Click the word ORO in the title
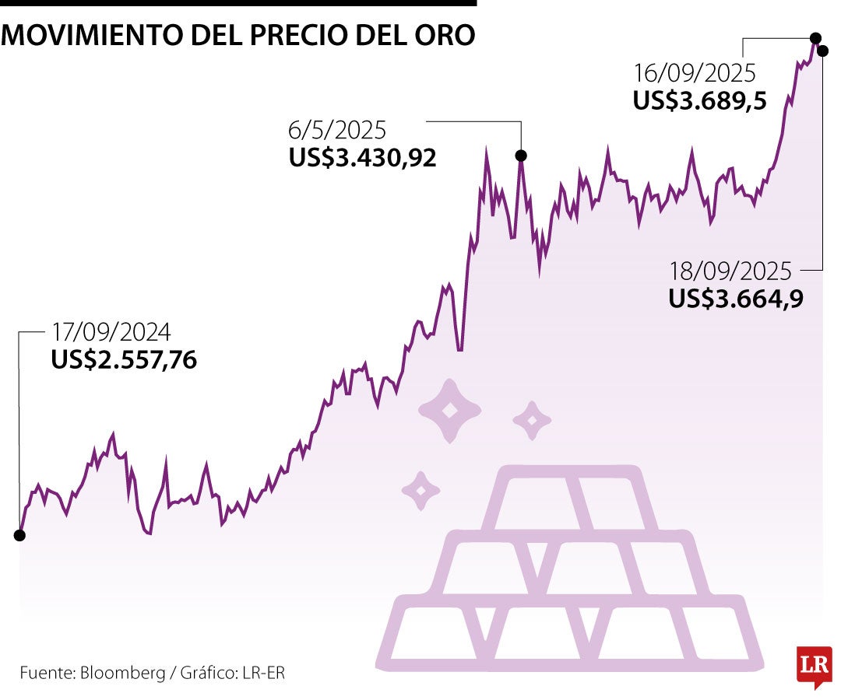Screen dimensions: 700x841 click(445, 36)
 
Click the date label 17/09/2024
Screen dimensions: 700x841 click(111, 333)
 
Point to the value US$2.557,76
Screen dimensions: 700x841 click(124, 360)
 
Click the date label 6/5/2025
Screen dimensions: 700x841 click(337, 131)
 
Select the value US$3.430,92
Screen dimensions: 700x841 click(362, 158)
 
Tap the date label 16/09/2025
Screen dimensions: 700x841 click(695, 73)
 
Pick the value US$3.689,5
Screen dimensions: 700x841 click(700, 101)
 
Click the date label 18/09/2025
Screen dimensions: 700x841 click(730, 271)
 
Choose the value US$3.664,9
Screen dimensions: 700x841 click(736, 299)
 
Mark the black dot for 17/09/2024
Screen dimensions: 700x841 click(19, 535)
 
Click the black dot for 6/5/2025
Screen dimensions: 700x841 click(521, 156)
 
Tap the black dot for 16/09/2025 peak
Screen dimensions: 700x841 click(815, 37)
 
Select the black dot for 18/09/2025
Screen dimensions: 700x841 click(823, 50)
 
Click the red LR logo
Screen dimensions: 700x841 click(813, 666)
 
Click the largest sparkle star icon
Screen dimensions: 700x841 click(449, 411)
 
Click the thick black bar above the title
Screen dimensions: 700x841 click(238, 3)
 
